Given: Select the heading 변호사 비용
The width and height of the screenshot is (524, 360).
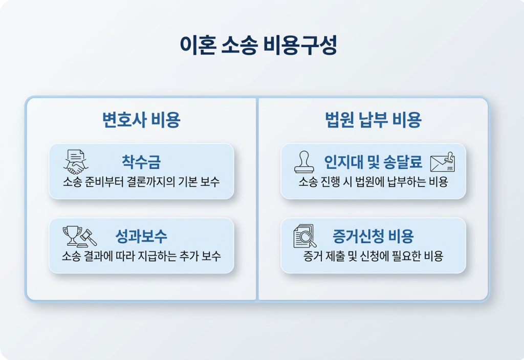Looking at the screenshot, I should tap(141, 120).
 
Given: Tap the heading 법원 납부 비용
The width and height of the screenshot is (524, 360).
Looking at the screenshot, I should tap(373, 120).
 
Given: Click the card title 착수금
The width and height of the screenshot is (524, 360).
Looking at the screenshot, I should tap(141, 162).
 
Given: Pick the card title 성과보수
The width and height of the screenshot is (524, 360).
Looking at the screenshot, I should tap(141, 236).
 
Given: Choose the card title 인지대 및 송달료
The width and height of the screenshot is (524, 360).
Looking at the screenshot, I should tap(373, 162).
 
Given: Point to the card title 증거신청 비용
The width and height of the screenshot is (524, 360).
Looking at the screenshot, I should tap(373, 236).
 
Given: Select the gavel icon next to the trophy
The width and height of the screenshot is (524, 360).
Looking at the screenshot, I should tap(88, 238).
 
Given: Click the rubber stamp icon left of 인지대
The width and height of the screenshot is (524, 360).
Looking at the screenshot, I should tap(304, 162).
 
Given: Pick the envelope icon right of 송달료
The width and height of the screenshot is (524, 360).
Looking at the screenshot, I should tap(443, 162).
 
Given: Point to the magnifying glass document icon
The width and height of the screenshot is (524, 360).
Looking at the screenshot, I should tap(305, 237).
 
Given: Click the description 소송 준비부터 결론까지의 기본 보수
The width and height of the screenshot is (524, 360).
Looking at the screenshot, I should tap(141, 182).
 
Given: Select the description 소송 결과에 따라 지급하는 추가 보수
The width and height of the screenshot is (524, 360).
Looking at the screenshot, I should tap(141, 256).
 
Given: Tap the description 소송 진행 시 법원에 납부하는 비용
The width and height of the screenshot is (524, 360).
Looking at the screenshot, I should tap(373, 182).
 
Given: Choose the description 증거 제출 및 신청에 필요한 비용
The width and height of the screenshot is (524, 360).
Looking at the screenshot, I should tap(373, 256).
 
